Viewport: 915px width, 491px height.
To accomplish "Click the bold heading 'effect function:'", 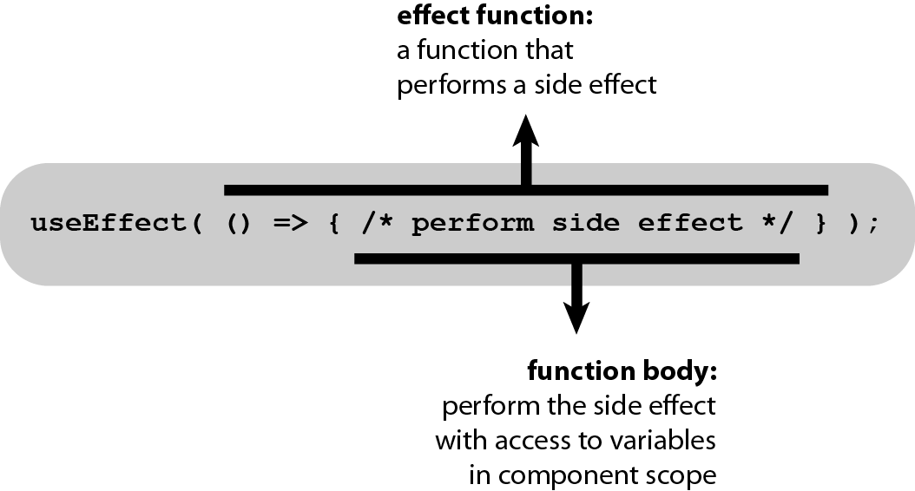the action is coord(495,16).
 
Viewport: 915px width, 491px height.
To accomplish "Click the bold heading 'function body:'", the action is coord(622,371).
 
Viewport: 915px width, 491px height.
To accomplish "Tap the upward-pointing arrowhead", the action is coord(526,130).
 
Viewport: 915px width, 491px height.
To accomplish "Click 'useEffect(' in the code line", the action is coord(116,223).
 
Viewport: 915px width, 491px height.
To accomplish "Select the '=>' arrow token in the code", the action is coord(290,223).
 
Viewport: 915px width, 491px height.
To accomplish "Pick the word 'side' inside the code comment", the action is coord(586,223).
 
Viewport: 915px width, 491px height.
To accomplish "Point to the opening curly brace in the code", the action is coord(334,223).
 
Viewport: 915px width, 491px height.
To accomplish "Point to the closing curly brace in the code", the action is coord(821,223).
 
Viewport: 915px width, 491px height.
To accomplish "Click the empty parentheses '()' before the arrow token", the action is coord(239,223).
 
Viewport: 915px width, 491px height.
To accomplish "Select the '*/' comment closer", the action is coord(778,223).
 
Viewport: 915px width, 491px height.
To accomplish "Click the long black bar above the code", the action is coord(526,190).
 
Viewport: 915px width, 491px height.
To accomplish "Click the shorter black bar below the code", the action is coord(576,259).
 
